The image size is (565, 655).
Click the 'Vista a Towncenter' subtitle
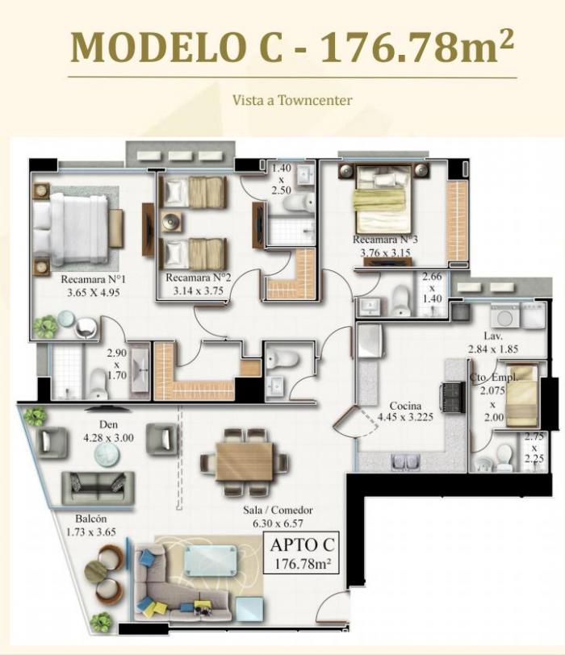click(x=292, y=100)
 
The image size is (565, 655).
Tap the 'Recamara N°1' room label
click(x=93, y=279)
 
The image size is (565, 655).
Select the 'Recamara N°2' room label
click(x=198, y=277)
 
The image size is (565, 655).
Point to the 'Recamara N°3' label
click(x=385, y=240)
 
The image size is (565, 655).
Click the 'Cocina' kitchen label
click(x=405, y=406)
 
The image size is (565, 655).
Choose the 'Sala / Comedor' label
click(x=278, y=510)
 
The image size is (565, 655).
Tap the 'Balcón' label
click(x=90, y=519)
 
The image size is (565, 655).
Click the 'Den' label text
click(x=108, y=425)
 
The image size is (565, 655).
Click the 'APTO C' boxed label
click(x=302, y=545)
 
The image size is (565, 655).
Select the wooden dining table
click(x=245, y=462)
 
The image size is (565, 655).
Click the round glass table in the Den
click(x=107, y=454)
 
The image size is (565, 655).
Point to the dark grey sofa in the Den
click(x=98, y=488)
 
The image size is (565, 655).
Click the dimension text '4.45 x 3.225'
click(x=405, y=417)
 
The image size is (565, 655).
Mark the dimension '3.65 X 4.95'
click(x=93, y=292)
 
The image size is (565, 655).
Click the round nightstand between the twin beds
click(x=171, y=223)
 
